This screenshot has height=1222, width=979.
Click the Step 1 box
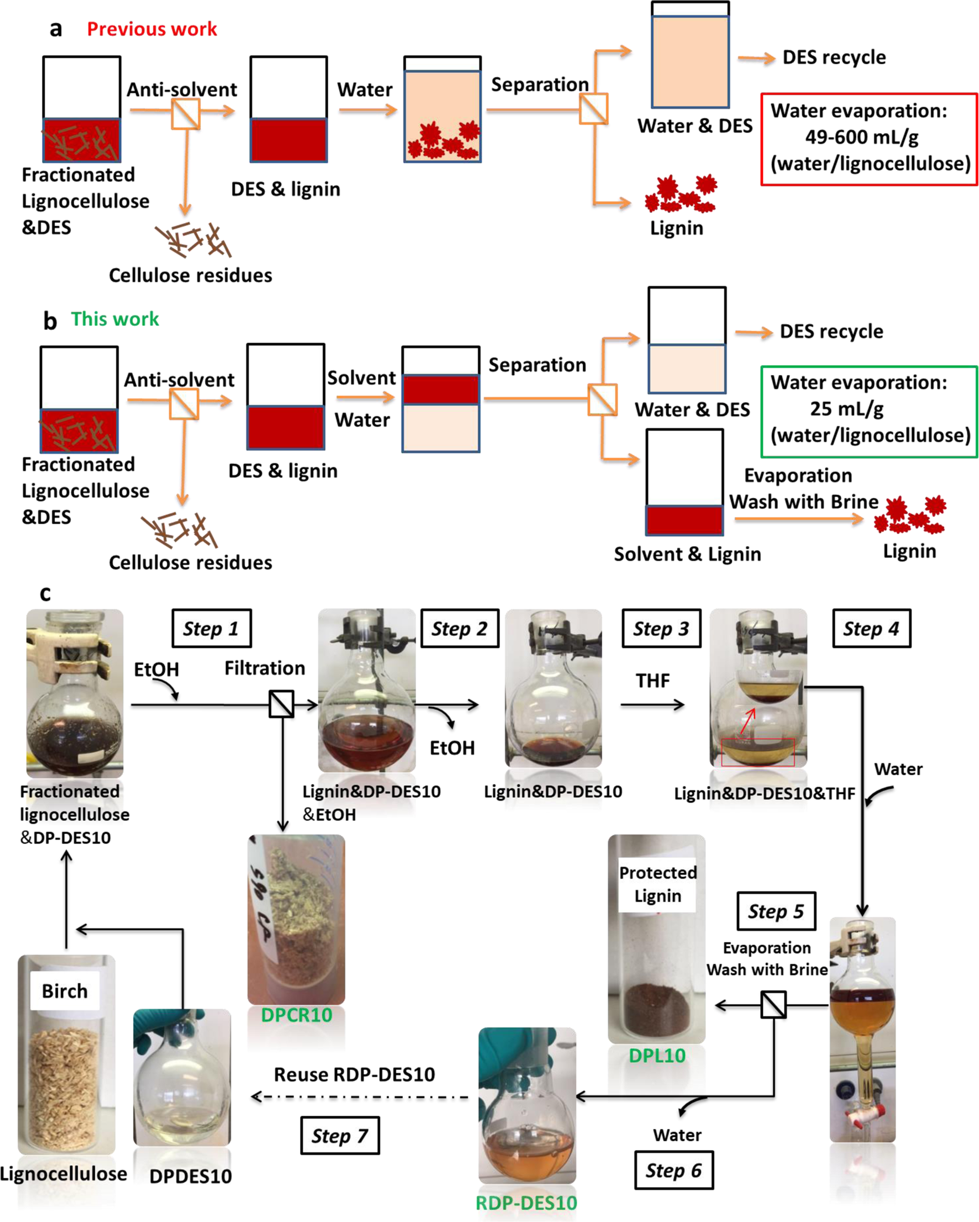(x=211, y=628)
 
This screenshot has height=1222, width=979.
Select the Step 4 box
(x=871, y=628)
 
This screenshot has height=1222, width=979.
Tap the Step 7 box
(x=339, y=1135)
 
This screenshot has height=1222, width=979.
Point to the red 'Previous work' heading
(x=152, y=29)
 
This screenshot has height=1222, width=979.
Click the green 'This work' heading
(x=115, y=319)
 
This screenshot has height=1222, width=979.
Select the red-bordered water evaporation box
(x=869, y=139)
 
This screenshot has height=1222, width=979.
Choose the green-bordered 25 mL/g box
(x=869, y=411)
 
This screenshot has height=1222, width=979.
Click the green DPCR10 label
(x=296, y=1015)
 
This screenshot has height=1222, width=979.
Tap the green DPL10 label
(x=657, y=1055)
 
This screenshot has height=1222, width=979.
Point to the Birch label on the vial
(x=65, y=991)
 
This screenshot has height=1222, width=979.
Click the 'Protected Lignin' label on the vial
(x=657, y=884)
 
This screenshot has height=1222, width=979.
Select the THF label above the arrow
(x=652, y=680)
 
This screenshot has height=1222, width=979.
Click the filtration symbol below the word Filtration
(x=281, y=704)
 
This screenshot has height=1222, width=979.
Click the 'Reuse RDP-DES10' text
(x=354, y=1075)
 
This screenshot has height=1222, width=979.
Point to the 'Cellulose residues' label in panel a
(x=190, y=275)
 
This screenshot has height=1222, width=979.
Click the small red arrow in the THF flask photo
(x=748, y=720)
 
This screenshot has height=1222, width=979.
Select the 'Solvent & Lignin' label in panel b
(x=687, y=554)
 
